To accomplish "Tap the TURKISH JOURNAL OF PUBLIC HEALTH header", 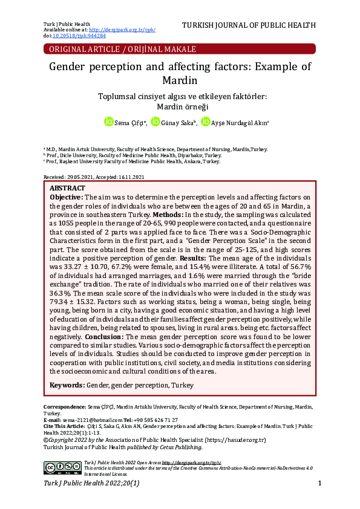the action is tap(249, 25).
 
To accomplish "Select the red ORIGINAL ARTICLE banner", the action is tap(180, 49).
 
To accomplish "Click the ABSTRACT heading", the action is tap(67, 189).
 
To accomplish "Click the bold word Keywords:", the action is tap(67, 384).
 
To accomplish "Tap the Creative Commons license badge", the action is tap(62, 467).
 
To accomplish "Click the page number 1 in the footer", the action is tap(319, 484).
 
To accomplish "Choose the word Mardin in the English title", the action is tap(180, 80).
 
